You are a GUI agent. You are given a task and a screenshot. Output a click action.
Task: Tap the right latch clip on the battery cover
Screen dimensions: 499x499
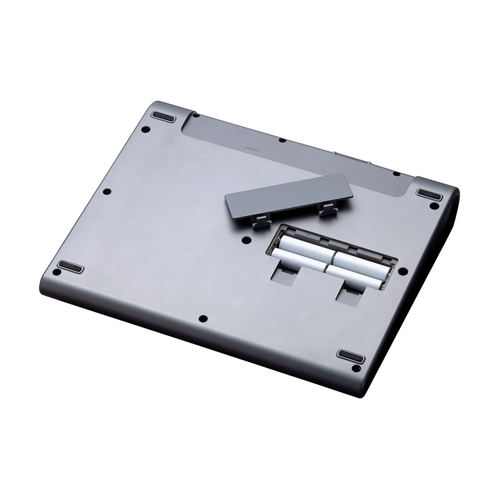(327, 210)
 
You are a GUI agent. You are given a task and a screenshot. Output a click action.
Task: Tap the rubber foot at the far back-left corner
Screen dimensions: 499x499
(162, 117)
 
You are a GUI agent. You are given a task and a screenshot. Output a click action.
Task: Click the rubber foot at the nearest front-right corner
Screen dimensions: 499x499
(350, 356)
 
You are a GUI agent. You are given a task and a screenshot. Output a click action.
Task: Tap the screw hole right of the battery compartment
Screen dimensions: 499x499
(403, 271)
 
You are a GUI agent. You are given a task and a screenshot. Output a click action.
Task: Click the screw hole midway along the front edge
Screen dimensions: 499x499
(202, 318)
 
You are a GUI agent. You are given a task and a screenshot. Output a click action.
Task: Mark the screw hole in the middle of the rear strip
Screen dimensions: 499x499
(282, 140)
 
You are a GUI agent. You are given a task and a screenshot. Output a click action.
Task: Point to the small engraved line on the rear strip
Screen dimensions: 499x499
(252, 148)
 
